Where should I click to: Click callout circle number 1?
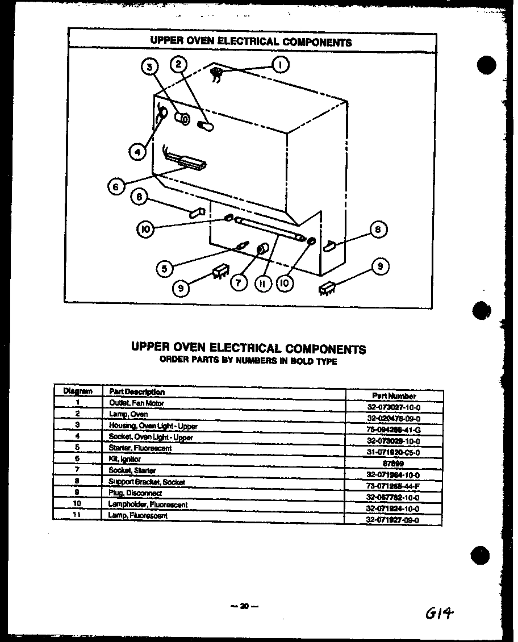pyautogui.click(x=280, y=65)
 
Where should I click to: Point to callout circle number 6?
pyautogui.click(x=116, y=186)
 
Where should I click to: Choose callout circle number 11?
pyautogui.click(x=262, y=283)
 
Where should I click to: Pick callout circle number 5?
pyautogui.click(x=164, y=268)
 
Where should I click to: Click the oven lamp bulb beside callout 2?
pyautogui.click(x=205, y=127)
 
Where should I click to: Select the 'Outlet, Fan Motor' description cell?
pyautogui.click(x=137, y=403)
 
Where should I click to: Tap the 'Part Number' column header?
pyautogui.click(x=394, y=395)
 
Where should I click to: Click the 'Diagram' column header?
pyautogui.click(x=77, y=391)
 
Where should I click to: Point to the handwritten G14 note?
pyautogui.click(x=440, y=612)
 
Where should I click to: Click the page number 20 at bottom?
pyautogui.click(x=244, y=606)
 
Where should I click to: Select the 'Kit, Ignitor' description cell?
pyautogui.click(x=125, y=459)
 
